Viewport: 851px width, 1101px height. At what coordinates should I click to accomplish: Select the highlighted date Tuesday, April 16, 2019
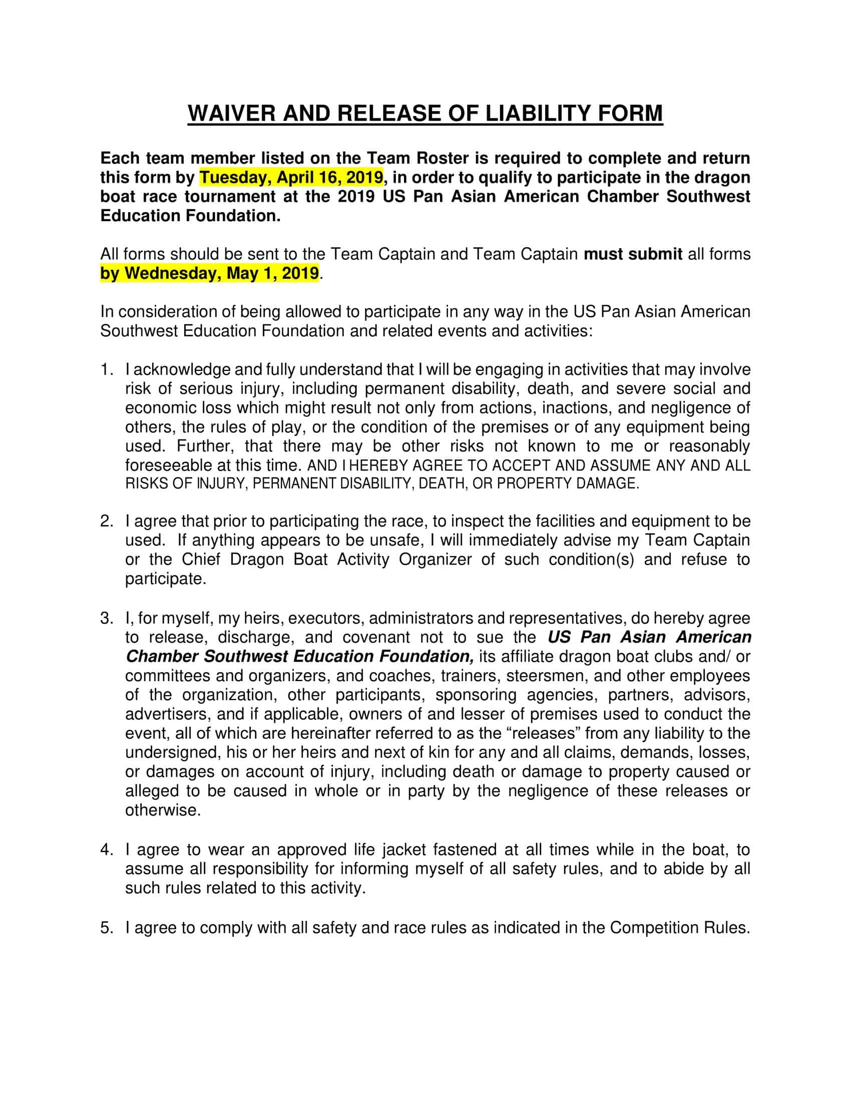[291, 178]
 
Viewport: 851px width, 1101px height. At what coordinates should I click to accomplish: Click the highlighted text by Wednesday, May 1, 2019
[210, 273]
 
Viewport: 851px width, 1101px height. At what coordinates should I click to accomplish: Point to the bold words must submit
[633, 254]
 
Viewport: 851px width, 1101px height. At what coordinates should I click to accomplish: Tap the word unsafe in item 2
[396, 540]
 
